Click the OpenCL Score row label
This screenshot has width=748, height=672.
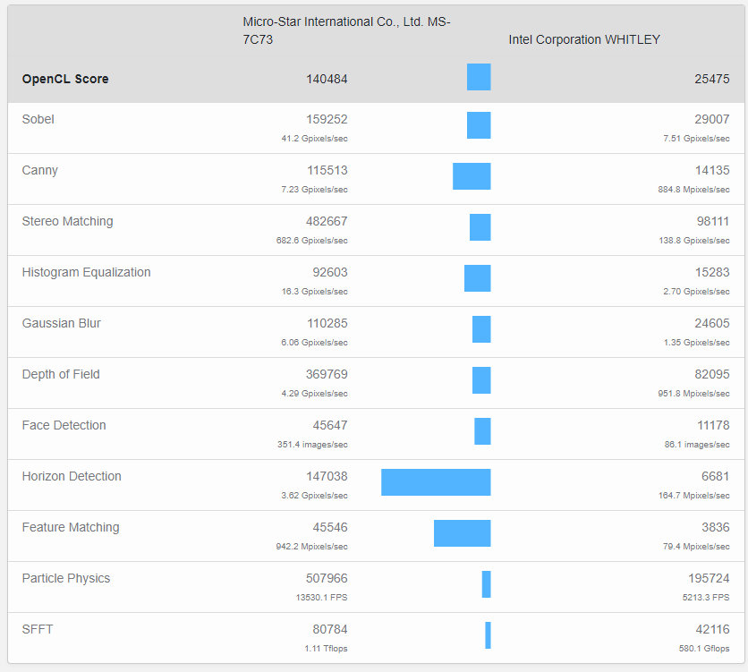click(x=65, y=79)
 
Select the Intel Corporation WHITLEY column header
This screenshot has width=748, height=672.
click(x=584, y=39)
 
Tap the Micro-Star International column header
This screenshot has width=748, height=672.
click(x=346, y=30)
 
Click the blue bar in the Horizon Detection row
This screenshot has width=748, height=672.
click(x=436, y=482)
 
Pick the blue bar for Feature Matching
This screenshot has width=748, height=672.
click(x=462, y=533)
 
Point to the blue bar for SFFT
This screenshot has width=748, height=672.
click(x=488, y=635)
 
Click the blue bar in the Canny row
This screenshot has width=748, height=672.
click(x=472, y=176)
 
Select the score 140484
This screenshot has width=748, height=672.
click(x=327, y=79)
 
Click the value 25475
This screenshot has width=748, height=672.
click(x=712, y=79)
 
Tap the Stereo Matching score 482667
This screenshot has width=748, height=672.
click(x=327, y=221)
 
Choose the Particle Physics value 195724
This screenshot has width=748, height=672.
click(x=709, y=578)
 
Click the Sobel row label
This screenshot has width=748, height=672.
click(x=38, y=119)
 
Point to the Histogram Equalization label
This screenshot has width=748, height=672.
click(x=86, y=272)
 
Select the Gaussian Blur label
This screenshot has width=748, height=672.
click(x=61, y=323)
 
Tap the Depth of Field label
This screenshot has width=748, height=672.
click(x=61, y=374)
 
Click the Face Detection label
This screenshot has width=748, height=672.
click(x=64, y=425)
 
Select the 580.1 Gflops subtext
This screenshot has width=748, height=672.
click(x=704, y=649)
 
